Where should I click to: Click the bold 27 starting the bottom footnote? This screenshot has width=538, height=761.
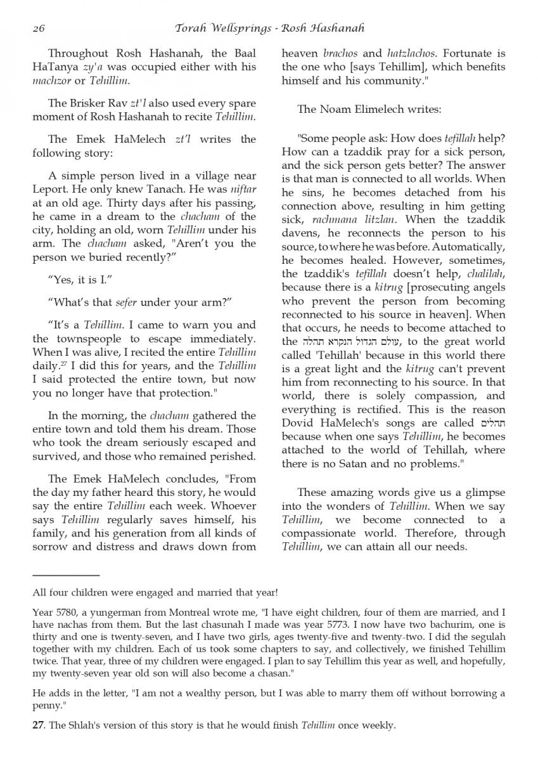(38, 725)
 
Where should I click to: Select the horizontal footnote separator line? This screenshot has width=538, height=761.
(66, 575)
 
